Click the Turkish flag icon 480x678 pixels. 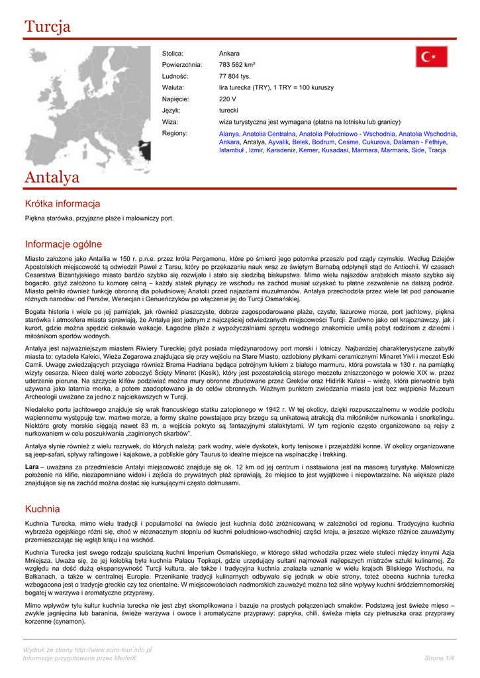tap(432, 57)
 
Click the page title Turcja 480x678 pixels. tap(47, 26)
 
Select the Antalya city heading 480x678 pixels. tap(52, 177)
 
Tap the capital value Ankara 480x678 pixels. tap(229, 53)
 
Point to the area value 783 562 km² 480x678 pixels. tap(237, 65)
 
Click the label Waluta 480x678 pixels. tap(173, 87)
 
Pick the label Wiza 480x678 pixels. tap(170, 122)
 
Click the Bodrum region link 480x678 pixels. tap(323, 142)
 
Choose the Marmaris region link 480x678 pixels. tap(395, 150)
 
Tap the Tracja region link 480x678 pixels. tap(437, 150)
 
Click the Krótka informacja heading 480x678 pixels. tap(62, 203)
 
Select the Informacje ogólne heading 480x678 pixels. tap(64, 244)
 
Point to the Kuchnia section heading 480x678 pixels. tap(42, 508)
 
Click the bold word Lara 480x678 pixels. tap(31, 467)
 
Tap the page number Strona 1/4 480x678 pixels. tap(439, 657)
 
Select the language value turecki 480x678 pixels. tap(228, 111)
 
